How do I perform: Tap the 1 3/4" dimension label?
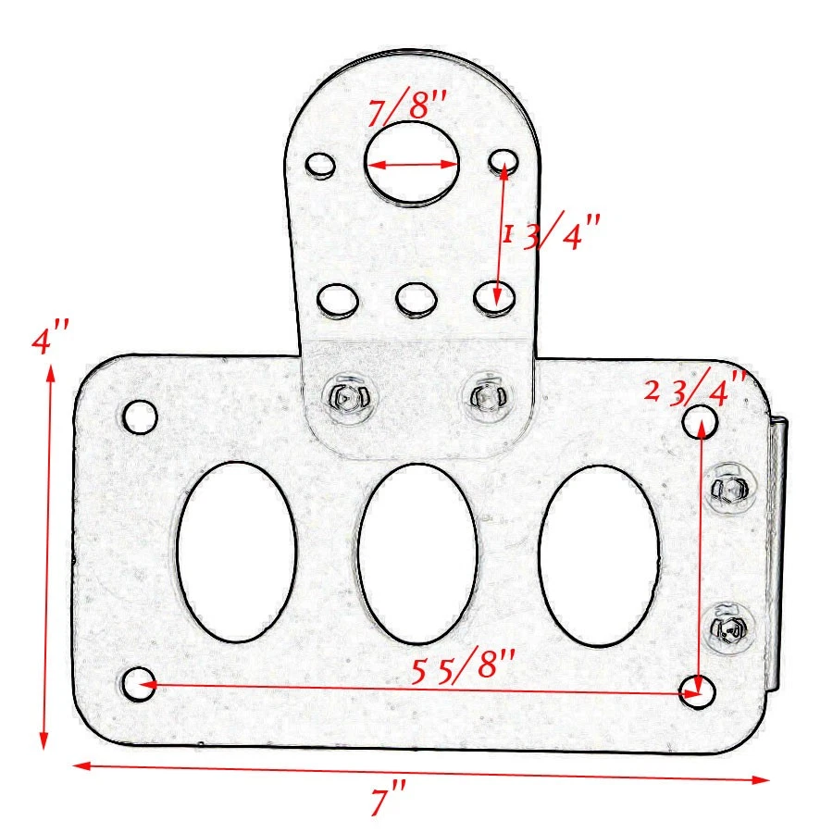(551, 234)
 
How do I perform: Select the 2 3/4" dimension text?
(696, 388)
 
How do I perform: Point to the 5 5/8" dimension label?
(463, 665)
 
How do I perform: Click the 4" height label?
(50, 340)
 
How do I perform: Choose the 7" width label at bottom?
(389, 799)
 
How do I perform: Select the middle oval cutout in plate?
(417, 553)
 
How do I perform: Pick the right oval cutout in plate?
(599, 553)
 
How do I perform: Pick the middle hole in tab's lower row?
(415, 299)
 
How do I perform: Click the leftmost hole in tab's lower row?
(337, 301)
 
